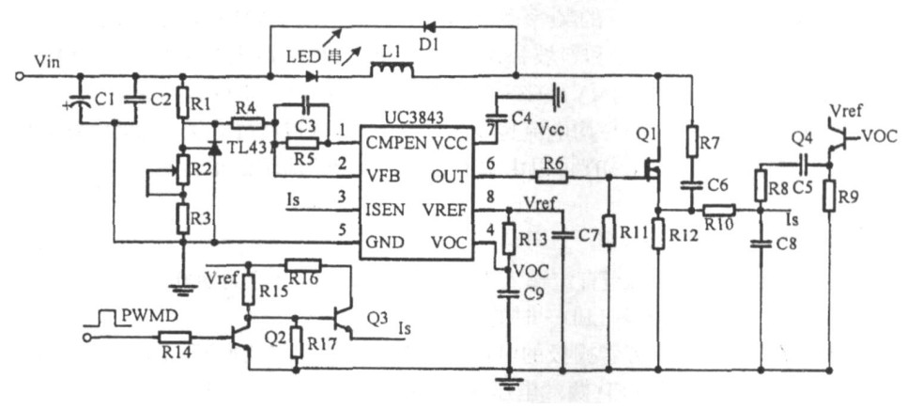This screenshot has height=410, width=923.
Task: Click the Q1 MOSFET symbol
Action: tap(651, 170)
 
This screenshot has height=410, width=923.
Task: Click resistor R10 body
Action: tap(720, 211)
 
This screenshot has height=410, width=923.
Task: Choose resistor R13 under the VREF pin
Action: tap(508, 239)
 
